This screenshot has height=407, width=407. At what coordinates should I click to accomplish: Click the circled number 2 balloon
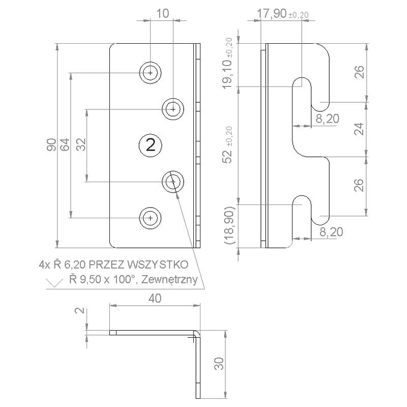coord(151,145)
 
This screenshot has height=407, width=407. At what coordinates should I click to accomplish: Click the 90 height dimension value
coord(52,145)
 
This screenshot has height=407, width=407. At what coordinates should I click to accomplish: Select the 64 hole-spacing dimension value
coord(65,145)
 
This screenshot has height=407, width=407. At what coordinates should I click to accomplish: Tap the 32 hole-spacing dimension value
coord(81,144)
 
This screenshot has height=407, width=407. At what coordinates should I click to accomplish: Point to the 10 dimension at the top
coord(163,14)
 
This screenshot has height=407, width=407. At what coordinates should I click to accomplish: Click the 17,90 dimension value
coord(272,14)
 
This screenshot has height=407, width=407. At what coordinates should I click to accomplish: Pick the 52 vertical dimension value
coord(228,156)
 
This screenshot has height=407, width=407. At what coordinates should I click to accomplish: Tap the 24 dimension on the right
coord(359,129)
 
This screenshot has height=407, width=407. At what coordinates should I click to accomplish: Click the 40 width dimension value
coord(155,299)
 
